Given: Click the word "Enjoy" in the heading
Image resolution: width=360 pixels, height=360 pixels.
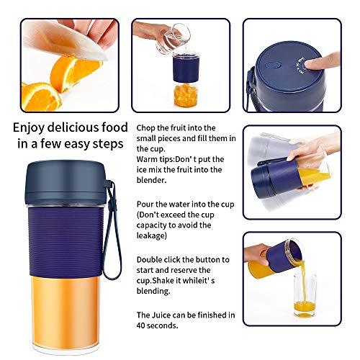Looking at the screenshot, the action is click(x=29, y=128).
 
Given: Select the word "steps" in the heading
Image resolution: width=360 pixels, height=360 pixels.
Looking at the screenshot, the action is click(x=108, y=144).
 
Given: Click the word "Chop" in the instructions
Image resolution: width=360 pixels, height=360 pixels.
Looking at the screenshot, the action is click(x=145, y=128).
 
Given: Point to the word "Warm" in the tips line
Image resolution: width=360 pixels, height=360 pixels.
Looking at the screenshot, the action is click(x=147, y=159).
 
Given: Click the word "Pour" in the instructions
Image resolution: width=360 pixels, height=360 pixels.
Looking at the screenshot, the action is click(x=145, y=204).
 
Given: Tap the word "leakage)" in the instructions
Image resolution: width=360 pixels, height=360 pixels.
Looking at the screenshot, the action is click(x=152, y=235).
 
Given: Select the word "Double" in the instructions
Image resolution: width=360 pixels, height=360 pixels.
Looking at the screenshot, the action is click(x=149, y=260).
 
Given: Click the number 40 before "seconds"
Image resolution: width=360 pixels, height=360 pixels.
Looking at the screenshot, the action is click(x=140, y=325).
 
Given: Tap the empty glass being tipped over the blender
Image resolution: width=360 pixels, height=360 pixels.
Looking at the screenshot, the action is click(x=174, y=39).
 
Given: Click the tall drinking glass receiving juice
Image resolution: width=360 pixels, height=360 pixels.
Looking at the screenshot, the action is click(x=305, y=296).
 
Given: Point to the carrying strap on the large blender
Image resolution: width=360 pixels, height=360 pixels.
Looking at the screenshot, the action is click(x=112, y=230).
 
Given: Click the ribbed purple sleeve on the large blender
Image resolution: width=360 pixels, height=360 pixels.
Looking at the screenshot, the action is click(x=66, y=241).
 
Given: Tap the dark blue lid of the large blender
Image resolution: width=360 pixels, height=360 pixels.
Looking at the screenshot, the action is click(x=66, y=182).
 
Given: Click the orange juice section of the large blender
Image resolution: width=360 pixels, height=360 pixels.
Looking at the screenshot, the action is click(x=65, y=311).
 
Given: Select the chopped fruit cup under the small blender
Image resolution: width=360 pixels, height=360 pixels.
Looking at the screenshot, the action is click(x=186, y=95).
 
